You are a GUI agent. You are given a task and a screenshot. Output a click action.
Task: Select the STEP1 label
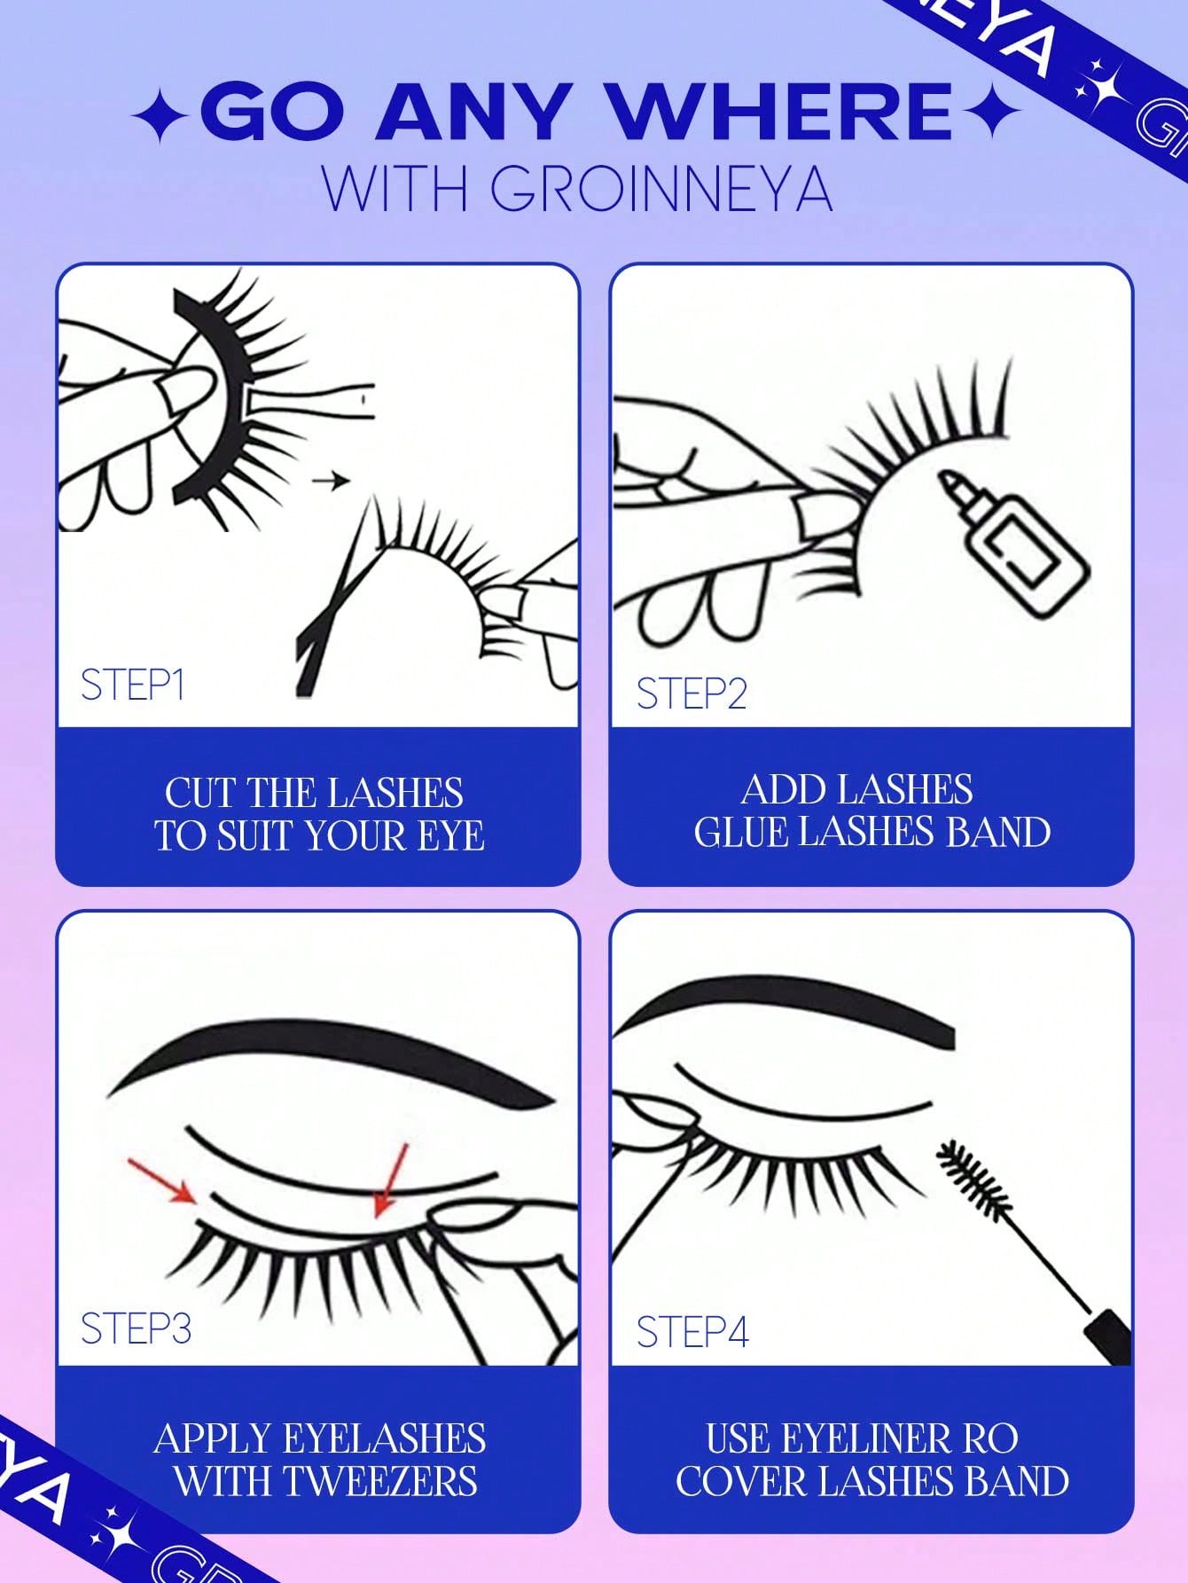click(132, 685)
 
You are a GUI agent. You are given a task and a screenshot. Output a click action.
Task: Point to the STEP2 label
click(692, 693)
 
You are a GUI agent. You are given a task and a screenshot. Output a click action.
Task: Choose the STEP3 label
click(136, 1328)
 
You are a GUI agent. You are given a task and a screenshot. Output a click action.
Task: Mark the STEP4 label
click(692, 1331)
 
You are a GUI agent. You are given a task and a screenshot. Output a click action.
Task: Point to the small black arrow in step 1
click(331, 482)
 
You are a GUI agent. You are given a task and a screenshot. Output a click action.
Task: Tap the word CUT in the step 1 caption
click(199, 793)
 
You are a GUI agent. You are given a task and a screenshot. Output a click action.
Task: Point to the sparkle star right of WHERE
click(990, 114)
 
